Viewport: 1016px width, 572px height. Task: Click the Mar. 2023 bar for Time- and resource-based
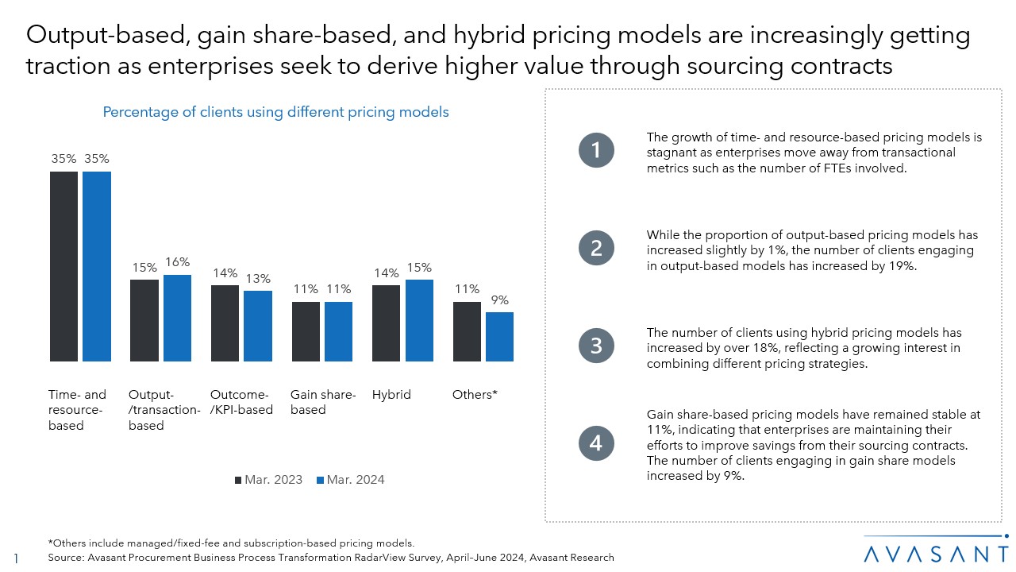pos(63,266)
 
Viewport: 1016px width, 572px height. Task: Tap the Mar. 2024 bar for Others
pos(499,337)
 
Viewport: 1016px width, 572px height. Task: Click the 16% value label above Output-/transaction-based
pos(178,262)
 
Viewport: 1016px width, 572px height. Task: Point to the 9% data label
pos(499,300)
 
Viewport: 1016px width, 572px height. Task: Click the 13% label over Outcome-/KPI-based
pos(257,279)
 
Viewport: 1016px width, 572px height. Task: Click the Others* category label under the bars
pos(475,394)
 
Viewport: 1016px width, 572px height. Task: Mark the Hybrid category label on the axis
pos(391,394)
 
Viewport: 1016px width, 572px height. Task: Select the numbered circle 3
pos(596,346)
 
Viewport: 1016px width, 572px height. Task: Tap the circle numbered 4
pos(596,444)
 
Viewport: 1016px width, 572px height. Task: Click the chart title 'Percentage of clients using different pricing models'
pos(275,112)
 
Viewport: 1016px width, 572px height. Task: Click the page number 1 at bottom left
pos(17,558)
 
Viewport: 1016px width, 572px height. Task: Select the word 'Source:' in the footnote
pos(67,558)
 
